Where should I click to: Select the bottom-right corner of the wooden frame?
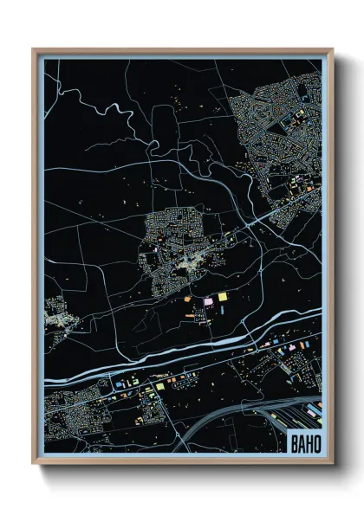point(332,463)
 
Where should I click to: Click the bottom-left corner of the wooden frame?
point(33,463)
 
